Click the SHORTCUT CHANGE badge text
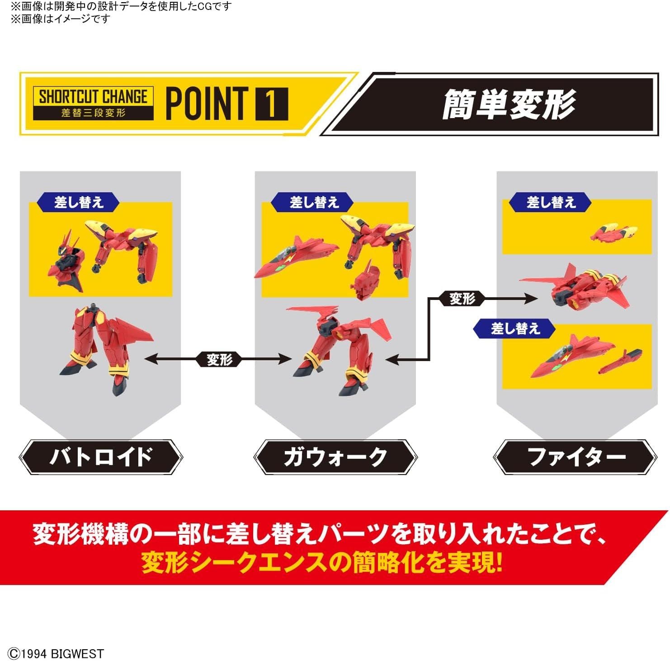(x=93, y=96)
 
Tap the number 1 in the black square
(x=271, y=104)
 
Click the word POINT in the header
(x=207, y=104)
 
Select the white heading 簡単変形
(x=509, y=105)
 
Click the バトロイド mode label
(x=101, y=457)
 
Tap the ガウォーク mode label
(x=335, y=457)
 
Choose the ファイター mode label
(x=576, y=457)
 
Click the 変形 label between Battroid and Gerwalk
(x=220, y=360)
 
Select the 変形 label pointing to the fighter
(x=462, y=299)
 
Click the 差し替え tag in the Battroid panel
(x=79, y=202)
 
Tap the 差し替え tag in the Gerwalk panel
(x=313, y=202)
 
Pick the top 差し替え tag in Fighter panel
(x=550, y=202)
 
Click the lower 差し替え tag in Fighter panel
(x=515, y=328)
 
